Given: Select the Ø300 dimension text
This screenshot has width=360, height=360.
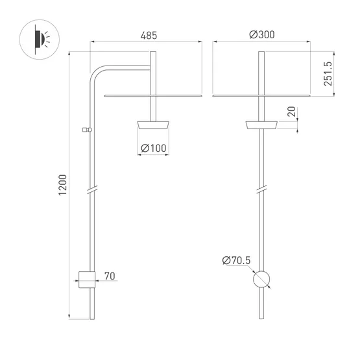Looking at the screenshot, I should pos(261,36).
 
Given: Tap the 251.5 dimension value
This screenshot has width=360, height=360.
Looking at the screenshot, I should pos(328,73).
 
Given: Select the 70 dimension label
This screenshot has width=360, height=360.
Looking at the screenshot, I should pos(110,277).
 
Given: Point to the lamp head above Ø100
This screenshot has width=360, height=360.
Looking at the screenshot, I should pos(154,125).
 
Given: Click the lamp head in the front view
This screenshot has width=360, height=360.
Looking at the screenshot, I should pos(261,125).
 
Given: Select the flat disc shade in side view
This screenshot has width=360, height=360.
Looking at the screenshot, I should pos(154,95).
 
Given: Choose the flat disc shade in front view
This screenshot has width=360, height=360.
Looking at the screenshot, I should pos(261,95).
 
